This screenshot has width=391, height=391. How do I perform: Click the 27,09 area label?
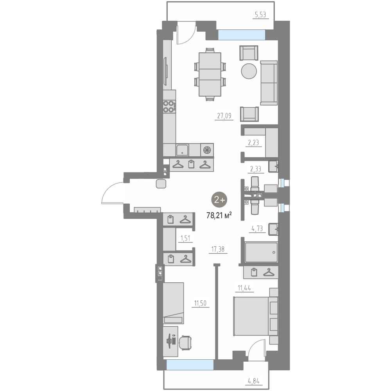coord(224,116)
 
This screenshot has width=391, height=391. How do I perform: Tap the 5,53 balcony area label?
coord(260,15)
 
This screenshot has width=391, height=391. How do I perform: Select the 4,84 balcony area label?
coord(253,381)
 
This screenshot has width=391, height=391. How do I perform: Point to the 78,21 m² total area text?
coord(219,215)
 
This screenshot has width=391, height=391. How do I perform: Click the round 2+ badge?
coord(219,199)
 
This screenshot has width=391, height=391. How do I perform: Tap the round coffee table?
coord(249,71)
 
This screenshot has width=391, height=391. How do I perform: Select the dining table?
coord(210,74)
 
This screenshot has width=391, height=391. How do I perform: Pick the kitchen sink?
coord(182,150)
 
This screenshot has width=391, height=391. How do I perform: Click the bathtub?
coord(261,252)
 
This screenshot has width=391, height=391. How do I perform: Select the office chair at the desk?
coord(185,343)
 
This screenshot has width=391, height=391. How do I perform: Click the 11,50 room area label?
coord(201,303)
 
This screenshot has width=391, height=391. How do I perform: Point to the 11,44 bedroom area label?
coord(244,288)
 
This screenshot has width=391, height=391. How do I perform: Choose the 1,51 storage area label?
coord(185,239)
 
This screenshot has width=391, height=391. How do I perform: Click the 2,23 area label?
coord(253,143)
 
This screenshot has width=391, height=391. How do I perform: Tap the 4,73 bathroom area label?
coord(257,228)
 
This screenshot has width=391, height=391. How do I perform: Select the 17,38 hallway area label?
coord(218,249)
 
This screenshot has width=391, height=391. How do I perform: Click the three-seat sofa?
coord(269,83)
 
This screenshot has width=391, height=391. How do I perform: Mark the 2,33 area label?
coord(256,169)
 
